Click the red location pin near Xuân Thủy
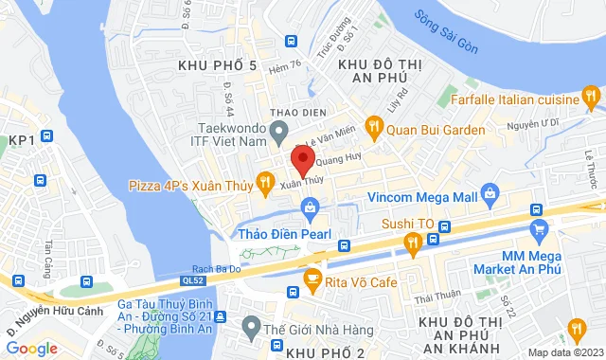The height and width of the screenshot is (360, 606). [x=302, y=157]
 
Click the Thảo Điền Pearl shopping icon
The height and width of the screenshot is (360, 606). [x=309, y=207]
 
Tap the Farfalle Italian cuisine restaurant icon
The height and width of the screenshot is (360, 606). [x=591, y=98]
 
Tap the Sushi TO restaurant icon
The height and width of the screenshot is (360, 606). [x=413, y=243]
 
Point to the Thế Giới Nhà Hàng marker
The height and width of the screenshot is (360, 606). [x=250, y=329]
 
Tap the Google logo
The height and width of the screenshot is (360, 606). [x=30, y=348]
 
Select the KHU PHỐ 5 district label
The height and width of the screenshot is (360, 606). [x=217, y=64]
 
